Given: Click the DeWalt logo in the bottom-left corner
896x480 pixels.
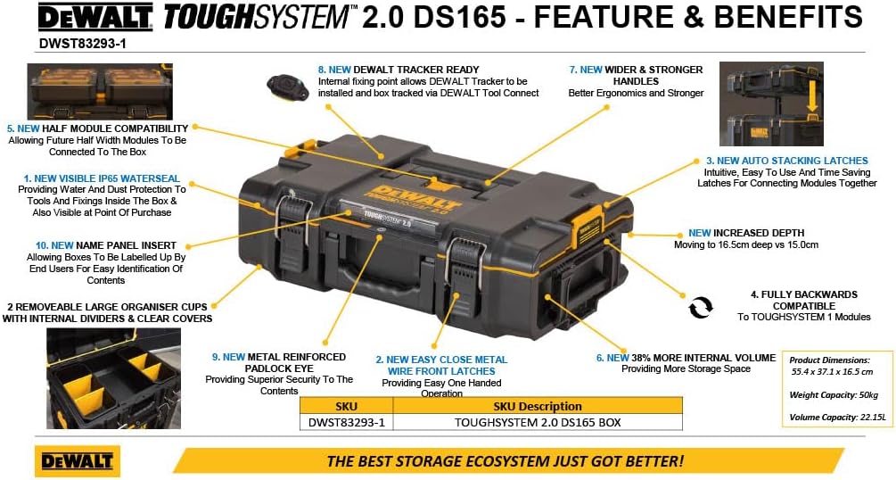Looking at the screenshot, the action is tap(78, 460).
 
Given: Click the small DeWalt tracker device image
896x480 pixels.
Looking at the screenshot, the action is tap(287, 87).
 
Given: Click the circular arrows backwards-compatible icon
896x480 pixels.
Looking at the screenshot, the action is tap(701, 307).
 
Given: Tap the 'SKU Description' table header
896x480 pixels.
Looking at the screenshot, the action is tap(537, 406).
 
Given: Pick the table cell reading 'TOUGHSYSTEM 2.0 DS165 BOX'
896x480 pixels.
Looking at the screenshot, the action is tap(537, 423).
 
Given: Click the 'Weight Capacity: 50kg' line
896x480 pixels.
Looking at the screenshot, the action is tap(834, 394).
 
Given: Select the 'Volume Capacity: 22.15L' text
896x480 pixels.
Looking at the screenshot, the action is tap(837, 417).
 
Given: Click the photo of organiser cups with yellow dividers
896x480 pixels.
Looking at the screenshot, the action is tap(114, 378).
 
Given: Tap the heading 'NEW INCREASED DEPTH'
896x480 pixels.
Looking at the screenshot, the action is tap(746, 234).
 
